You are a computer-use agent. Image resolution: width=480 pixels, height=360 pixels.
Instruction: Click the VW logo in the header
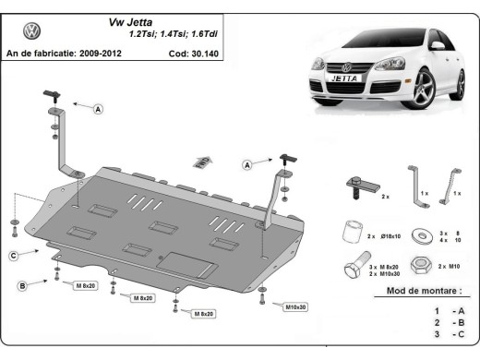(x=32, y=31)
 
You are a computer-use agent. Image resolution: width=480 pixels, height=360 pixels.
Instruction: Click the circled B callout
(x=21, y=285)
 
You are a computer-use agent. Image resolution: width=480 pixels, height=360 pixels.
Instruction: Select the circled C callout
(x=14, y=256)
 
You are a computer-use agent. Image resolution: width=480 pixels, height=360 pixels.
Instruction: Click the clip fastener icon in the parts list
(x=356, y=188)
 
